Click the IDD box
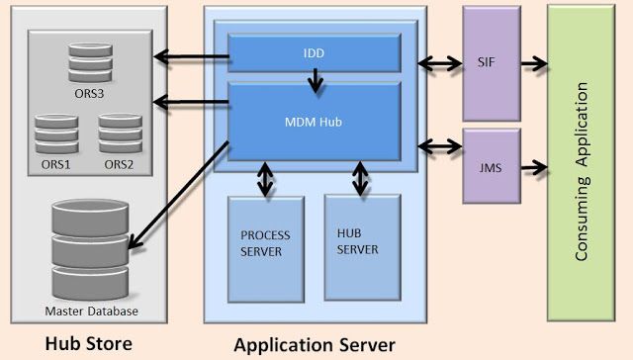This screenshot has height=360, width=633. tap(315, 52)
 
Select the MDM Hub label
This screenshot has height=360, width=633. tap(314, 122)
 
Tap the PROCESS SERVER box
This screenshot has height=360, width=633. tap(266, 249)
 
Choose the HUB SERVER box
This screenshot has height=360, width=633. tap(363, 247)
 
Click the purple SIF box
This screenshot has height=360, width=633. tap(492, 63)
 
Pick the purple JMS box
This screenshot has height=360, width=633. tap(492, 166)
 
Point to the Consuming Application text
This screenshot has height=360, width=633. tap(582, 171)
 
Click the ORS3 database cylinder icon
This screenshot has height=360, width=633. tap(90, 63)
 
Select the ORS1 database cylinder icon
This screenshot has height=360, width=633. tap(56, 134)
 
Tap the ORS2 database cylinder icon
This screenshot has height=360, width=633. tap(121, 134)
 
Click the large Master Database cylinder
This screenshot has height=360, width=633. tap(90, 249)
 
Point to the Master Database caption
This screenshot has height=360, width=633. tap(91, 312)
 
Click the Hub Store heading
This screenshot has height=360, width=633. tap(88, 343)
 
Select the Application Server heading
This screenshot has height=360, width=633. tap(315, 345)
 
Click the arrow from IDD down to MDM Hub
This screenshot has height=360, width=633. tap(316, 80)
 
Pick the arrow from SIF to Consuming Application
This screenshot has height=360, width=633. tap(534, 63)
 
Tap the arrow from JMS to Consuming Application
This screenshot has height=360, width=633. tap(534, 167)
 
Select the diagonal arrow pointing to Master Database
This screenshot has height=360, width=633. tap(178, 195)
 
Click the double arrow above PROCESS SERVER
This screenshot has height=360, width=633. tap(265, 179)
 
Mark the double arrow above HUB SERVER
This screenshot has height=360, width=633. tap(360, 178)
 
